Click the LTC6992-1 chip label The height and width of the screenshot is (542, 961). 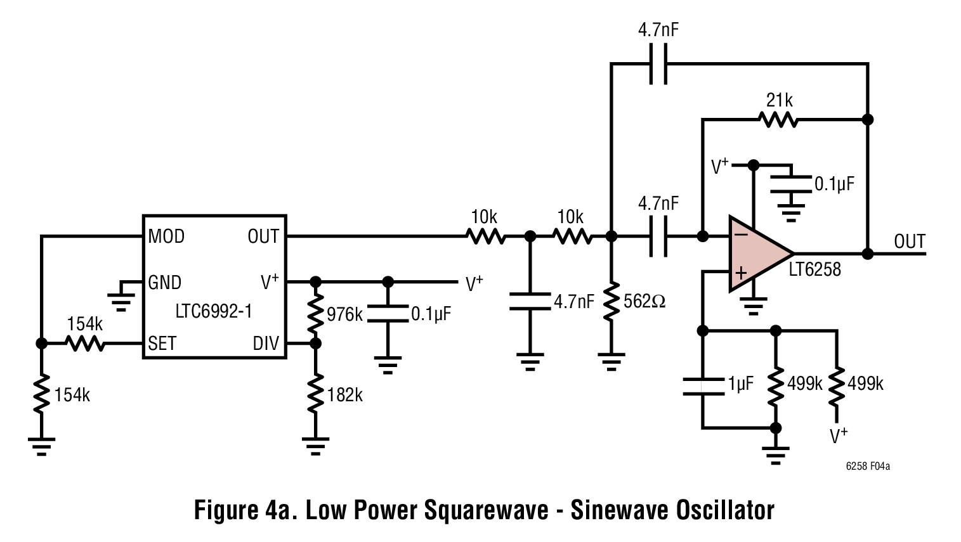[x=214, y=313]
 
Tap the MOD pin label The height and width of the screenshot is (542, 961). [x=166, y=236]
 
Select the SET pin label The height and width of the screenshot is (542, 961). [x=162, y=344]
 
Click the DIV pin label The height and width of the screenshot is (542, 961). [x=266, y=344]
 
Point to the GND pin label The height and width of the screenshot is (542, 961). [x=164, y=282]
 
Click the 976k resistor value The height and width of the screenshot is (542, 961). [x=344, y=314]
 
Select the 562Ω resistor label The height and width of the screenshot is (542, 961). [x=644, y=301]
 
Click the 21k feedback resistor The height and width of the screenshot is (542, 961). [x=779, y=119]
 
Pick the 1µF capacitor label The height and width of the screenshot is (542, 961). [x=740, y=384]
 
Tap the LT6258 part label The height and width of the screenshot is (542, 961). [x=815, y=269]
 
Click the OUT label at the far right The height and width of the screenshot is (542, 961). [x=910, y=242]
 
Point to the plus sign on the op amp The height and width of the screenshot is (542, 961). [x=740, y=273]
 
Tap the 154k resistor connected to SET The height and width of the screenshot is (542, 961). [x=84, y=343]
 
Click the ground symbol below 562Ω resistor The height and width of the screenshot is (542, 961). [x=611, y=361]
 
